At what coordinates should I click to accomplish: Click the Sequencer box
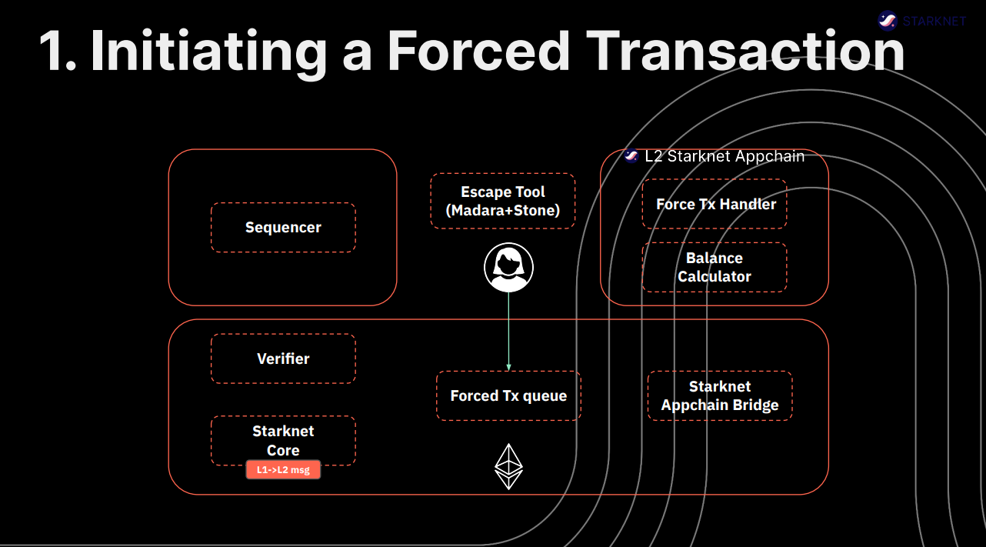283,228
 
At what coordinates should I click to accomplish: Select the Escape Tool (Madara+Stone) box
502,201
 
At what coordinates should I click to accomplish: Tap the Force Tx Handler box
715,204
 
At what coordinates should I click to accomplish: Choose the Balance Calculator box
715,267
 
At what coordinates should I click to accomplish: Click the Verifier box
283,359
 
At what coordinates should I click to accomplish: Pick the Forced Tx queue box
508,395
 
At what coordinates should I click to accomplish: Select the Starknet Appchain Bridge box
720,395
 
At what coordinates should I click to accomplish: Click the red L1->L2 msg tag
283,470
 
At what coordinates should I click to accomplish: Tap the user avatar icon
508,267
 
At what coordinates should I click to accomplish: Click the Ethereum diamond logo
508,466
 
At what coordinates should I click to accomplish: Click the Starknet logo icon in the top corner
888,20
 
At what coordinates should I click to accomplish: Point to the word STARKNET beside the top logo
934,21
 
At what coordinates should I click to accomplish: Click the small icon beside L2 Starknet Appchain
632,156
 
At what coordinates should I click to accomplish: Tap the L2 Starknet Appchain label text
725,156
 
